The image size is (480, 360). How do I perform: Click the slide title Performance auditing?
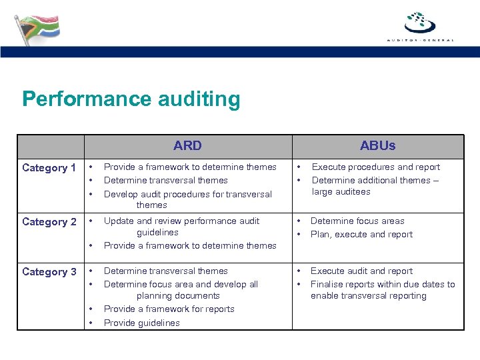131,99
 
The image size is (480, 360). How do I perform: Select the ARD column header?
187,146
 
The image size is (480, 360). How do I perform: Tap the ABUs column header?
377,146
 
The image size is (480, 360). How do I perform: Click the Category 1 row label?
49,168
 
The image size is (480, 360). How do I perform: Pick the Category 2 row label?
49,222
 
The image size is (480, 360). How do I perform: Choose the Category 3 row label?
49,272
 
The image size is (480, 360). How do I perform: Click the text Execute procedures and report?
376,167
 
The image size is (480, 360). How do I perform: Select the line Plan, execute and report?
361,235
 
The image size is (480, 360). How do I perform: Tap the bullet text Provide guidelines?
142,323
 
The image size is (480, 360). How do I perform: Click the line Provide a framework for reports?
169,309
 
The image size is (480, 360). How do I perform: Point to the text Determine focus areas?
357,221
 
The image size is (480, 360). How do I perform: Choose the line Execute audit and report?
361,271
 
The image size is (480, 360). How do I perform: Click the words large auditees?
341,192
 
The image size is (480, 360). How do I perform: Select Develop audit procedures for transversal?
188,195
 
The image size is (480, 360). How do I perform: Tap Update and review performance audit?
182,221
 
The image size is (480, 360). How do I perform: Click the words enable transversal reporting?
369,296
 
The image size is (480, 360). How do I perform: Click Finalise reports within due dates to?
383,285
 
